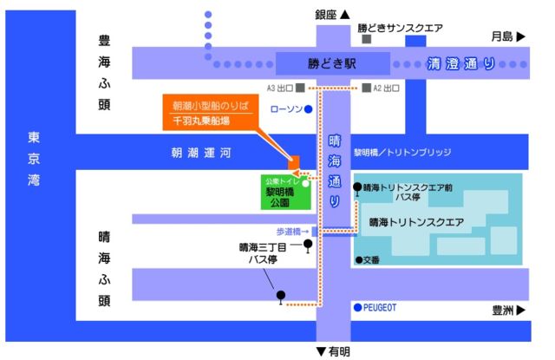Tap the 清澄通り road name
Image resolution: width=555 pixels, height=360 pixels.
pos(460,63)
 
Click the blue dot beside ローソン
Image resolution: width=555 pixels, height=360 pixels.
pos(308,109)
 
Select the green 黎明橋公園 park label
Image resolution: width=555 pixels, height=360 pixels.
pos(283,198)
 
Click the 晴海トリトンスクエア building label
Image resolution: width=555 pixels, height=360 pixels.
pos(416,222)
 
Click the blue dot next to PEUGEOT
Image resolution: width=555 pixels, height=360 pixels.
pos(356,307)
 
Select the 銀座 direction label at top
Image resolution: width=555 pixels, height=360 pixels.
pos(331,14)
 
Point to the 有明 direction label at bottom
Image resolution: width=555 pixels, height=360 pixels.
pos(333,351)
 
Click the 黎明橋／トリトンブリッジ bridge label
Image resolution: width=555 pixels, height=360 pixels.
pos(402,152)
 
